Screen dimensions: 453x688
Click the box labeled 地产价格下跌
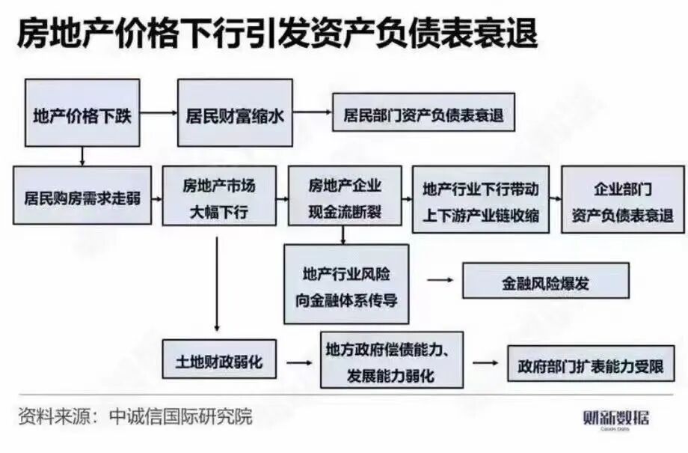click(82, 113)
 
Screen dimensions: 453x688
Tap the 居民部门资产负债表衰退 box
click(423, 115)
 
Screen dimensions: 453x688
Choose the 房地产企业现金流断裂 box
click(344, 198)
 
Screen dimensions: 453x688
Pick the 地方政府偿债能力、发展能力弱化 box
click(392, 360)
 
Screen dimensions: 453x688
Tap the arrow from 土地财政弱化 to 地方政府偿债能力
click(298, 363)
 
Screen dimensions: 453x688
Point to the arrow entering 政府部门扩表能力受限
click(485, 363)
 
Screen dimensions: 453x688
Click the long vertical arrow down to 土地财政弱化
click(216, 285)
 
